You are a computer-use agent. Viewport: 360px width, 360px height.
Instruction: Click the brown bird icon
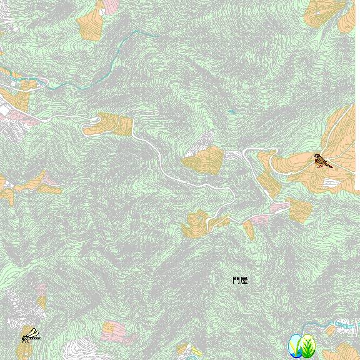(322, 161)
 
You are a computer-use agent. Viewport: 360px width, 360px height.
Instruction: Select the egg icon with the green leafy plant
(308, 345)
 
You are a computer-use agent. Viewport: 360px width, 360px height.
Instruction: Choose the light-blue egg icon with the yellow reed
(294, 345)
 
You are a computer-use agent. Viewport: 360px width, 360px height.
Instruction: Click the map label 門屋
(240, 281)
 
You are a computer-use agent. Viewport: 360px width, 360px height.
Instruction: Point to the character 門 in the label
(236, 281)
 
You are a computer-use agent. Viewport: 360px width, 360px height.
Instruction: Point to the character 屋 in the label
(244, 281)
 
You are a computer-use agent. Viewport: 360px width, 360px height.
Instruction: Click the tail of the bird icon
(329, 166)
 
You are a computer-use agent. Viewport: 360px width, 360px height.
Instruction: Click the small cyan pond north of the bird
(232, 112)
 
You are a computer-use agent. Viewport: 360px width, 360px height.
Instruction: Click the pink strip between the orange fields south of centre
(260, 219)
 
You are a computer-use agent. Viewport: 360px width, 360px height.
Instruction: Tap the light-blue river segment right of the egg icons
(341, 325)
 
